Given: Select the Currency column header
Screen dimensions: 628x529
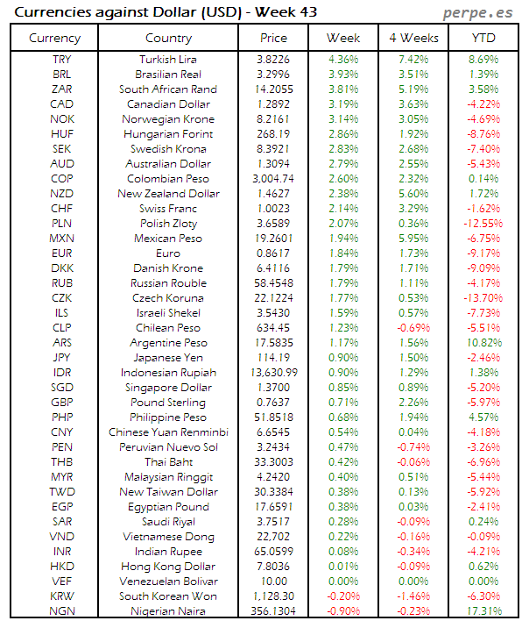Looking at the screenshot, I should (x=54, y=38).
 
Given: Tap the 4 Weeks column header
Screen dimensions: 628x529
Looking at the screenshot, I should (x=413, y=38).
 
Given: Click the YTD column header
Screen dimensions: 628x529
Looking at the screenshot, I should (x=483, y=38).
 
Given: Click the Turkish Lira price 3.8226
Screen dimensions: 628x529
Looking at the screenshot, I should (x=274, y=59).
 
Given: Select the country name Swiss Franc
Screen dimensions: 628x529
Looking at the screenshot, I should (x=168, y=209).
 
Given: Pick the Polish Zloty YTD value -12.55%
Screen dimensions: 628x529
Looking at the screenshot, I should (x=483, y=224).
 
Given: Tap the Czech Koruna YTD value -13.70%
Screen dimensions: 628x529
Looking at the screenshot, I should (x=483, y=298).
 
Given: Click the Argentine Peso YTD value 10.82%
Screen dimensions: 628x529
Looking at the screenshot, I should (x=483, y=343).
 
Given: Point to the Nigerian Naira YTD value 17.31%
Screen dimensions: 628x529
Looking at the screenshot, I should (x=483, y=611).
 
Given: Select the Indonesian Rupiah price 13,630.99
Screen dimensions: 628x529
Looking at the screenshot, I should (x=274, y=373).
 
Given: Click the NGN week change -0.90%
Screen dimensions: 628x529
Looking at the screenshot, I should (x=342, y=611).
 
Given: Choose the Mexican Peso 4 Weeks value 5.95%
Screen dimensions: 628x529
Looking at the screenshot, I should (x=413, y=239).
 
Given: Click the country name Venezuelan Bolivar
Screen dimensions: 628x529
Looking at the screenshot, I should (x=168, y=582).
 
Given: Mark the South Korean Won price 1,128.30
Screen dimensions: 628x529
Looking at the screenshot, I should (x=274, y=596).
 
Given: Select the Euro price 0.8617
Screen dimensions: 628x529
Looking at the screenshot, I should (x=274, y=253).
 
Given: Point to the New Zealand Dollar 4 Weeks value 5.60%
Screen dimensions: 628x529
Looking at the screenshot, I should (x=413, y=194).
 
